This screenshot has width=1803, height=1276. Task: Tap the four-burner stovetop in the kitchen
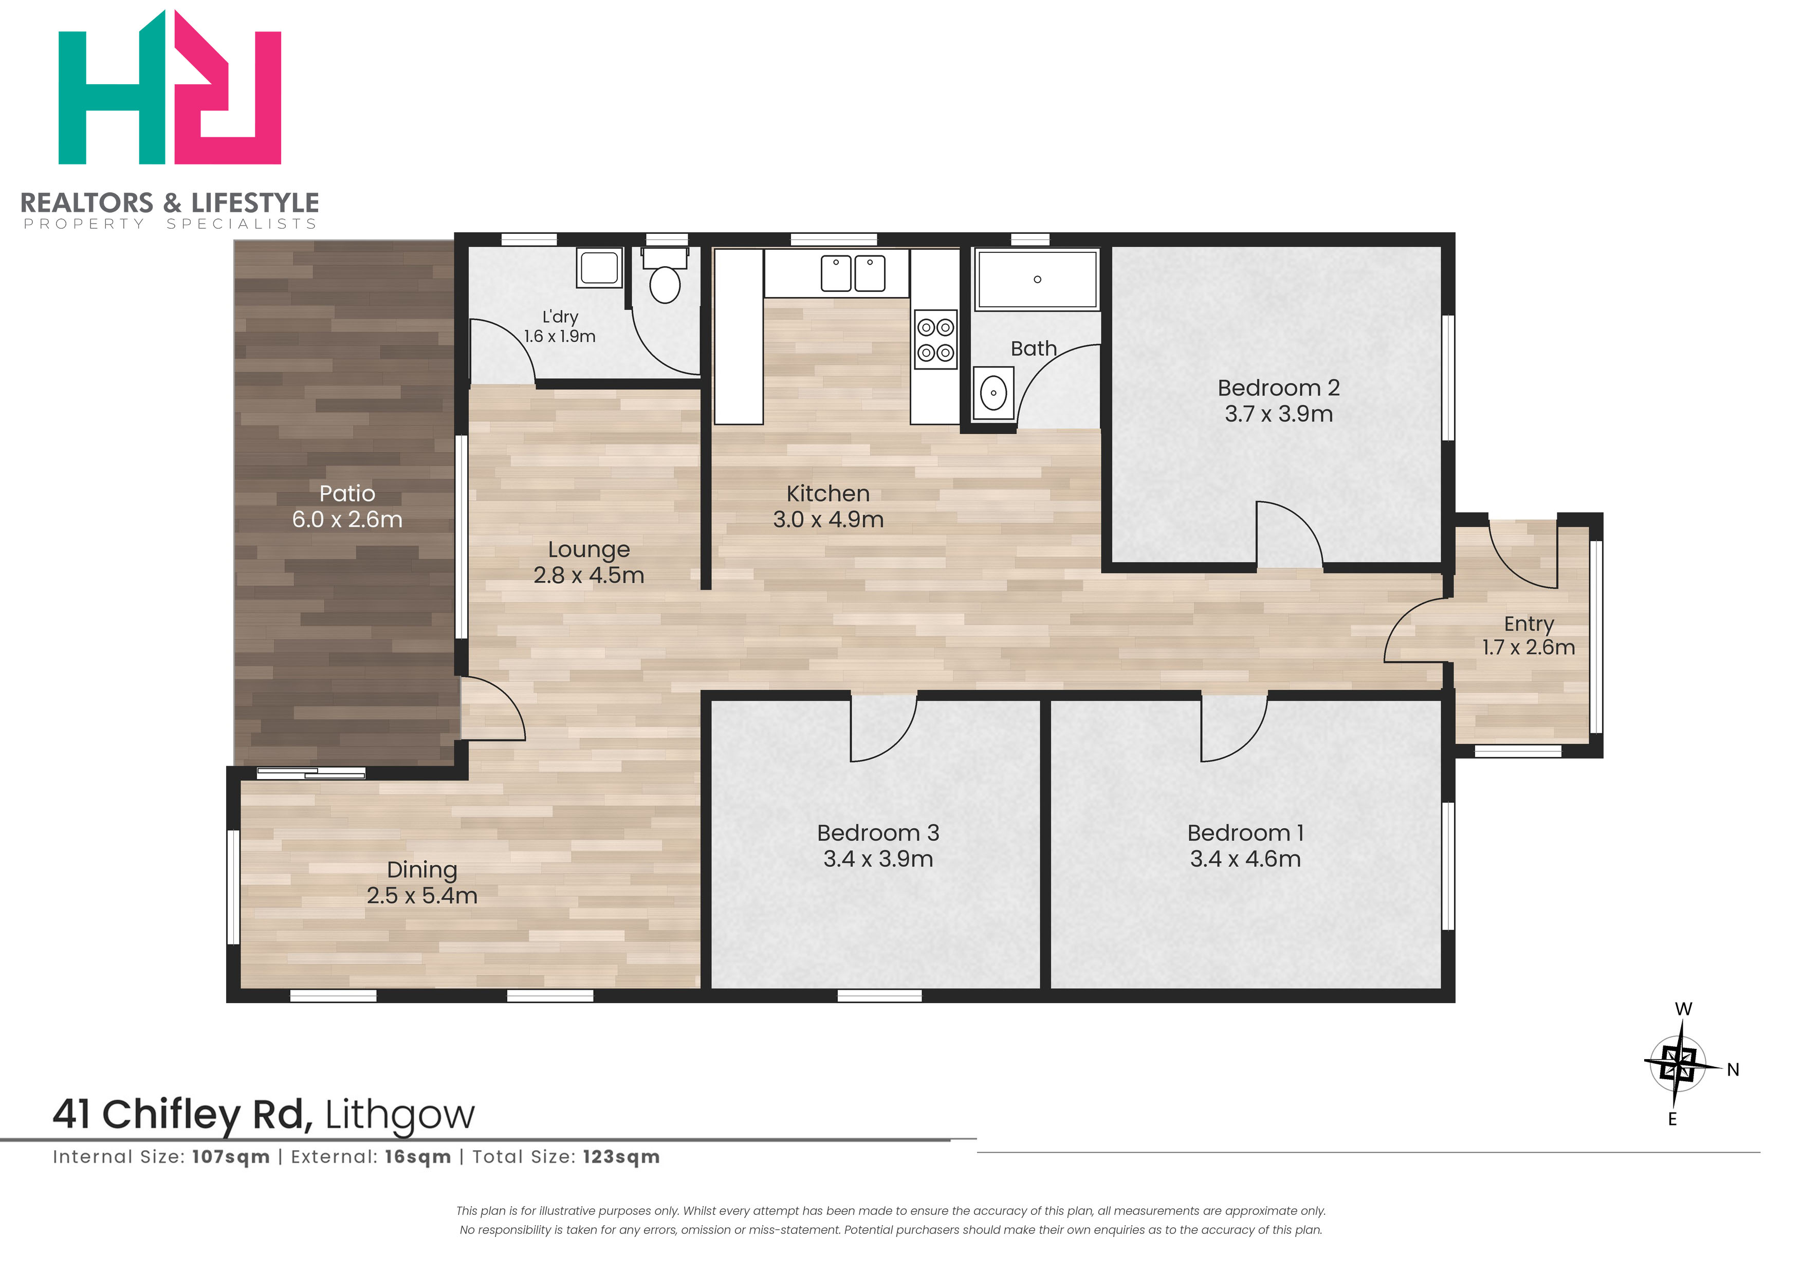(935, 340)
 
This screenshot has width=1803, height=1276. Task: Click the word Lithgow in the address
(400, 1116)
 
